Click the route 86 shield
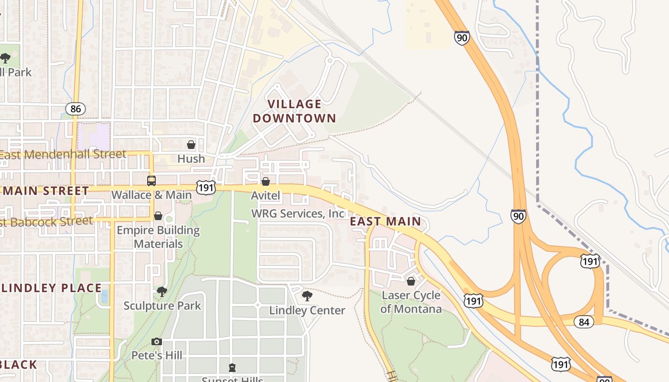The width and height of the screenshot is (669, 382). pos(76,109)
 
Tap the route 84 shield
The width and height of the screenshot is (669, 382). pos(583,322)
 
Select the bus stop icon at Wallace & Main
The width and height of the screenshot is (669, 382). pos(151,181)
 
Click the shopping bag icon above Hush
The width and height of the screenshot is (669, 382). pos(191,145)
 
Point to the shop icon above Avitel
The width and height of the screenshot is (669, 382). pos(266,181)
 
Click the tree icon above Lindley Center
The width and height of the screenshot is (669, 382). pos(307,296)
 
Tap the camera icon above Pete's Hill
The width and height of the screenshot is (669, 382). pos(157,341)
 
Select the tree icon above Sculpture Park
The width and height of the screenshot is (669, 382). pos(162,291)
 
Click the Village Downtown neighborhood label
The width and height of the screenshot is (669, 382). pos(294,111)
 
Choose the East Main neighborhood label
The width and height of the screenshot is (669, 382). pos(386,221)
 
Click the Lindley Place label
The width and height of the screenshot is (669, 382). pos(51,288)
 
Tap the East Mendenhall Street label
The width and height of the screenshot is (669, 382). pos(63,154)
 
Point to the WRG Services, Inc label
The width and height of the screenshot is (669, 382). pos(298,213)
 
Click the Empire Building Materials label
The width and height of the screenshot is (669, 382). pos(158,237)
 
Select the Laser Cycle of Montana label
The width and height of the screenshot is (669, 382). pos(411,302)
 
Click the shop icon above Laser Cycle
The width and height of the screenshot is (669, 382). pos(411,281)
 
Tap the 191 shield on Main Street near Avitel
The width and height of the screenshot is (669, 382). pos(206,187)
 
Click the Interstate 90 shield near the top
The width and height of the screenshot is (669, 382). pos(462,38)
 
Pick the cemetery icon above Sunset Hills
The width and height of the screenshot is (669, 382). pos(232,367)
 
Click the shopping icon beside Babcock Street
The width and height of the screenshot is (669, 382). pos(158,216)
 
